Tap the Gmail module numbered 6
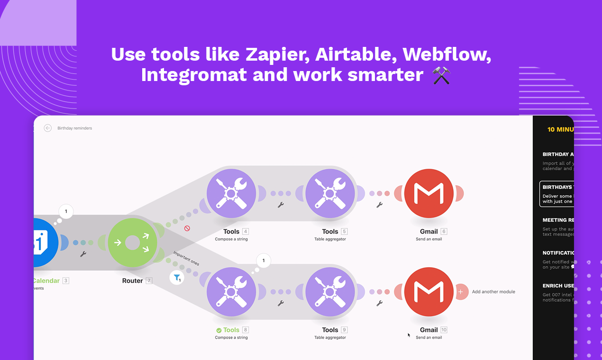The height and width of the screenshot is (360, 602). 429,194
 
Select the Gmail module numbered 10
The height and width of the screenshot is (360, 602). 429,292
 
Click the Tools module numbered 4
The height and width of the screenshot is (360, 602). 231,194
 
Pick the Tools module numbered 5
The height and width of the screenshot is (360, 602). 330,194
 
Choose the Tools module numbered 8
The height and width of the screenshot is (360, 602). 231,292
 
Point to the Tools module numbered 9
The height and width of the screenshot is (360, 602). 330,292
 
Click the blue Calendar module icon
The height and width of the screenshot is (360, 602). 44,243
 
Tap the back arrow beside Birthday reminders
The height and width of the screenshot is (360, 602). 47,128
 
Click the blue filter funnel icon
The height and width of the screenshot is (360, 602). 177,278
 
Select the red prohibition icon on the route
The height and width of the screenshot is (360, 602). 187,228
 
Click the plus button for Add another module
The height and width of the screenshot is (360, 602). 460,292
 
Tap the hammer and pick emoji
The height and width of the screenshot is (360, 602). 441,75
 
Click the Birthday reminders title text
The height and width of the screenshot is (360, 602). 75,128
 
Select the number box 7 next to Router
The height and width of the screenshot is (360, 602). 149,280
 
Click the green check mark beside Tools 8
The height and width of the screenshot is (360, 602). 219,330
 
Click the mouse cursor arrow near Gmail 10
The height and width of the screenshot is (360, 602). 409,335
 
